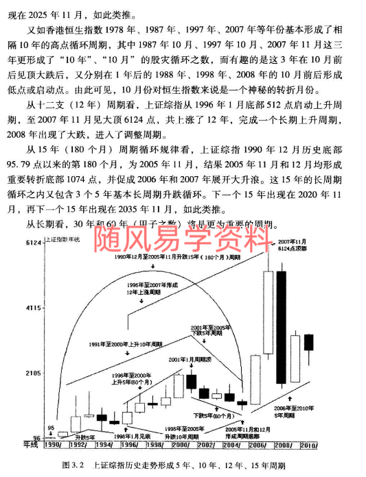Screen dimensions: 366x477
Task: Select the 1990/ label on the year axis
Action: pyautogui.click(x=54, y=445)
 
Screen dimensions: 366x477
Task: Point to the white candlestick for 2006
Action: pyautogui.click(x=255, y=376)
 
